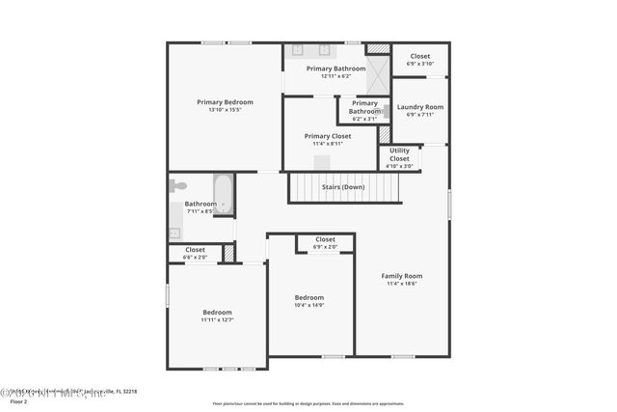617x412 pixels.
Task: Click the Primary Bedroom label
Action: (x=225, y=102)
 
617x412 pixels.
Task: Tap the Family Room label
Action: (x=402, y=276)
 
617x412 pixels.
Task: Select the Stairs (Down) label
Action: (x=343, y=186)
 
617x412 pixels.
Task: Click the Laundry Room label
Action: (x=419, y=107)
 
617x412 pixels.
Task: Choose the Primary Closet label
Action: (x=328, y=136)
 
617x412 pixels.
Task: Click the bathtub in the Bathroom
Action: (x=223, y=194)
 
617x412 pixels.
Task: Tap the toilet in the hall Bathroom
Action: (x=177, y=185)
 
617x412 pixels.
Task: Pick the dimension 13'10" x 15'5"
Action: (x=225, y=110)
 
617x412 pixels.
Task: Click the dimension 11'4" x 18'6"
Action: (x=402, y=284)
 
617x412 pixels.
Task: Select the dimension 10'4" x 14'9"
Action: (x=309, y=305)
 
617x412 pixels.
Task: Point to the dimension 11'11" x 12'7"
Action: (x=217, y=319)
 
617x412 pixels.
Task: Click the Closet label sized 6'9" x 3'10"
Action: (x=419, y=56)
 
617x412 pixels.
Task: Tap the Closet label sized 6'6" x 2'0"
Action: (x=196, y=249)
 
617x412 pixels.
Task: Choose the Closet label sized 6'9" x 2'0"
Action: (x=325, y=239)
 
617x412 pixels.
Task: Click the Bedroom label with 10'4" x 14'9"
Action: (x=309, y=297)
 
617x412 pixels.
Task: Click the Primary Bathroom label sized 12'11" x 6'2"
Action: (x=335, y=69)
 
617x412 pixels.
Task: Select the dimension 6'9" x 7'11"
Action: (x=419, y=115)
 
